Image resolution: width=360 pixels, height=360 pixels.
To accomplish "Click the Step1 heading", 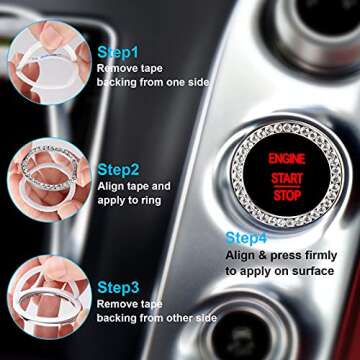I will pyautogui.click(x=119, y=49).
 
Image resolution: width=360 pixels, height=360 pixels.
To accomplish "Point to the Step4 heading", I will pyautogui.click(x=246, y=238).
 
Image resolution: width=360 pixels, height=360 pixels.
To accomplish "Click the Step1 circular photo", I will pyautogui.click(x=45, y=60).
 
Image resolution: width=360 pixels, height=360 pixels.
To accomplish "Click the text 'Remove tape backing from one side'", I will pyautogui.click(x=150, y=74).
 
